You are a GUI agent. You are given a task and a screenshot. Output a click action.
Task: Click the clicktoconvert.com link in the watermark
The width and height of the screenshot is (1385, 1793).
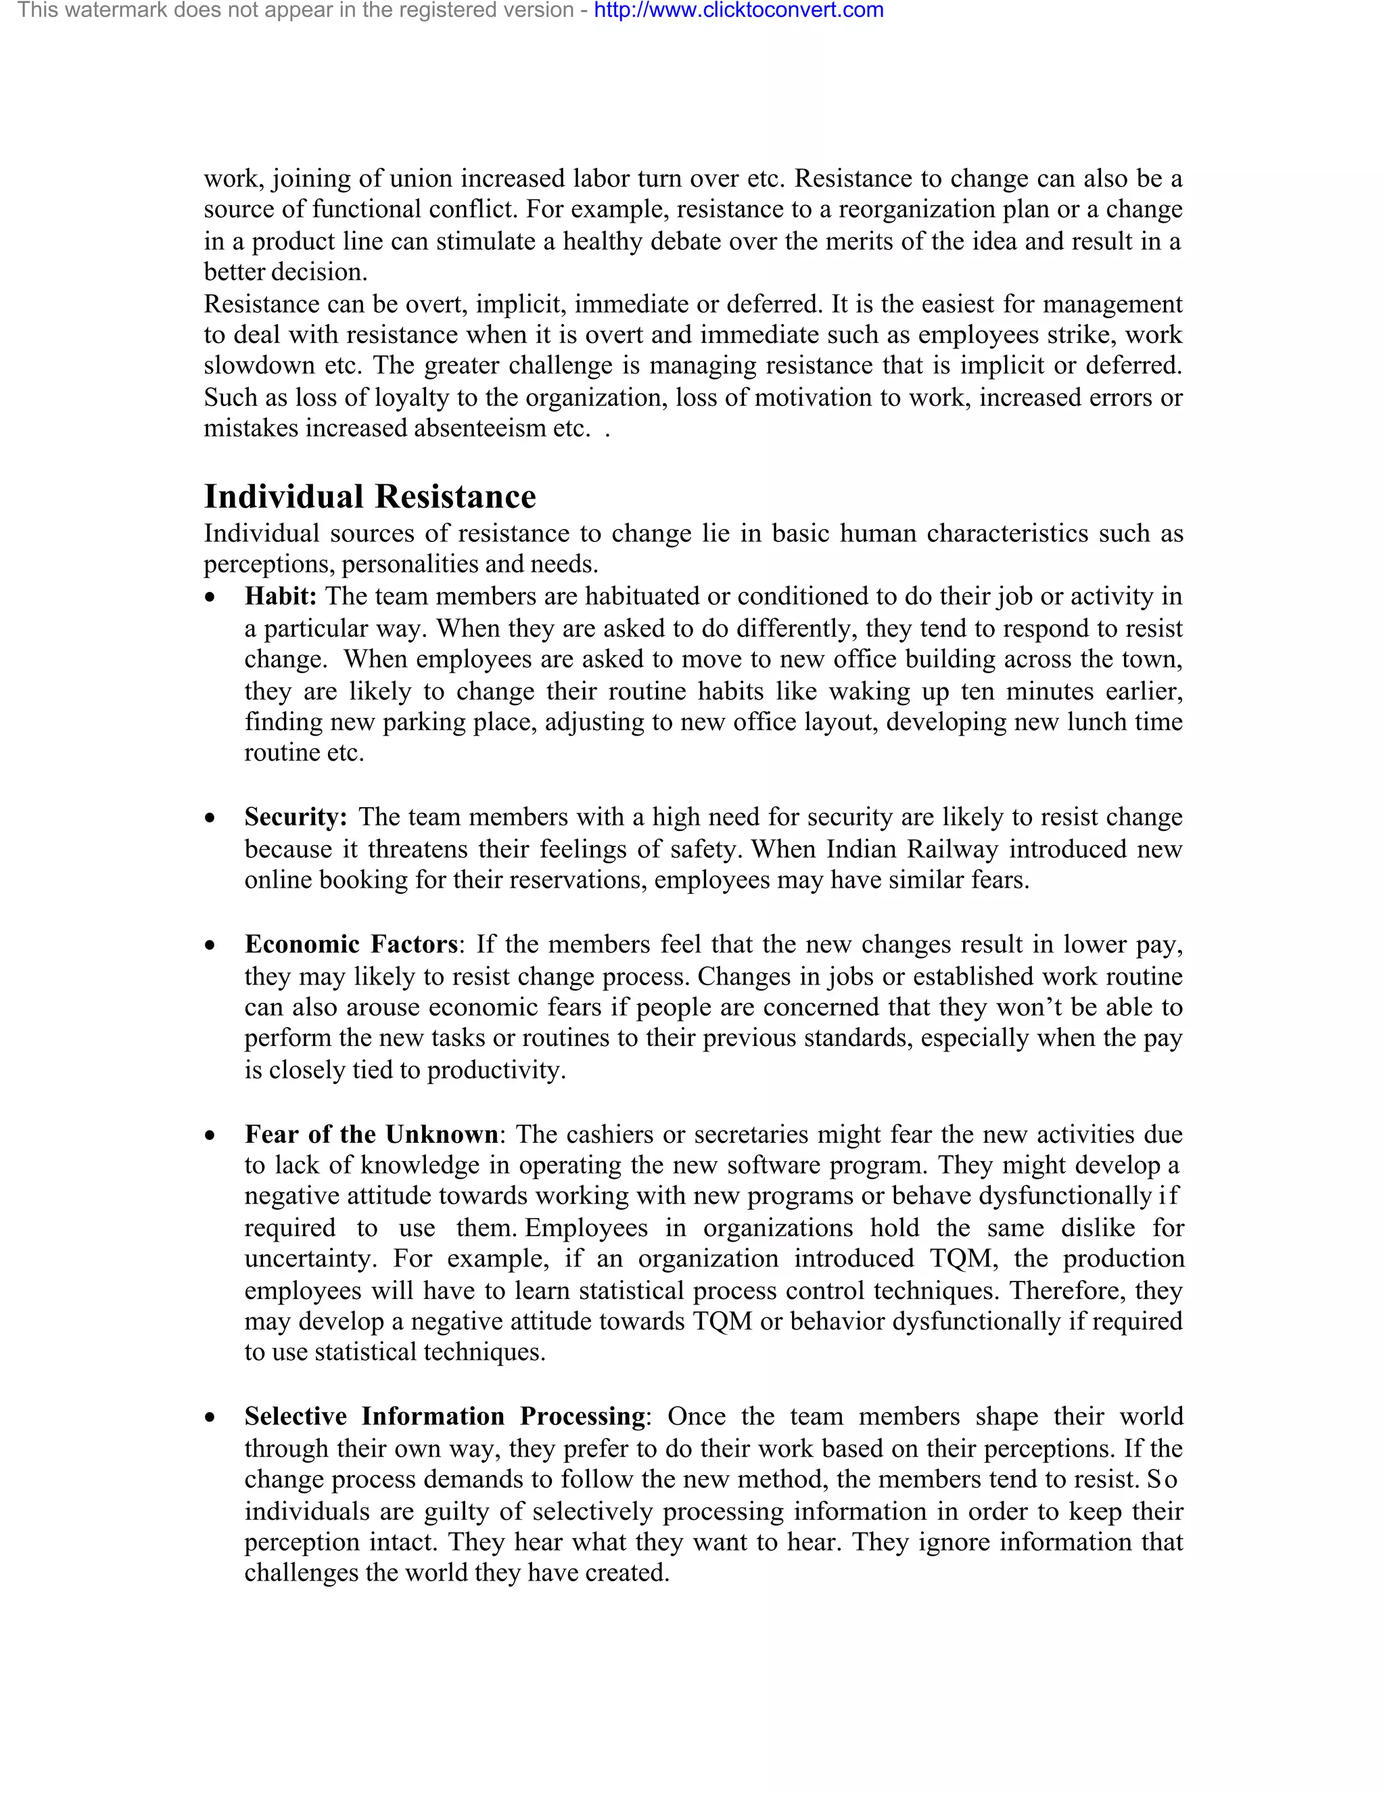(x=738, y=11)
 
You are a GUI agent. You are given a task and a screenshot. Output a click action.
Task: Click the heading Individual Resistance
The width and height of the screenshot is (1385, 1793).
(x=369, y=497)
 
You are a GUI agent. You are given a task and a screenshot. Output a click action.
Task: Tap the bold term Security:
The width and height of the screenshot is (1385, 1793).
(x=296, y=818)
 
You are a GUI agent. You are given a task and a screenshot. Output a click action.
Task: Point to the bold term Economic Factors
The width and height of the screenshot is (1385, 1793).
(x=350, y=945)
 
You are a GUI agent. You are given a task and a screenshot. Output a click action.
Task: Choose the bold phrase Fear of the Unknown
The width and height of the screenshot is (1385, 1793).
(x=371, y=1135)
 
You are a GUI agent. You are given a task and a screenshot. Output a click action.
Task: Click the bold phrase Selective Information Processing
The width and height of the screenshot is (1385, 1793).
(x=445, y=1417)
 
